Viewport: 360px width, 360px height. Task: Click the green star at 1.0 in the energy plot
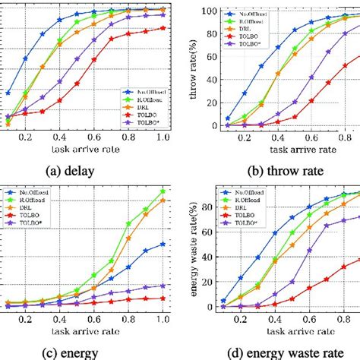pyautogui.click(x=163, y=191)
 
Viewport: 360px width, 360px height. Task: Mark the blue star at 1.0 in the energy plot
pyautogui.click(x=163, y=244)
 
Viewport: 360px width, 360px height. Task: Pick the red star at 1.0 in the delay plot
pyautogui.click(x=163, y=28)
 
